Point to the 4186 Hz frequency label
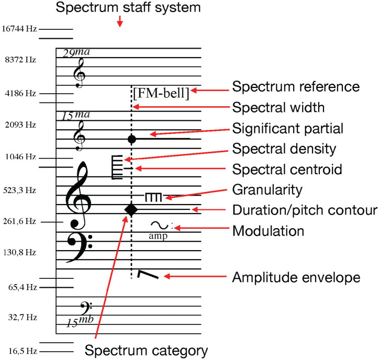19,93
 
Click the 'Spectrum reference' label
296,86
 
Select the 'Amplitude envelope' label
296,277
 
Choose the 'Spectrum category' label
147,350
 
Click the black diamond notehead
131,209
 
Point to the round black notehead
132,139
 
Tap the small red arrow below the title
120,21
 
